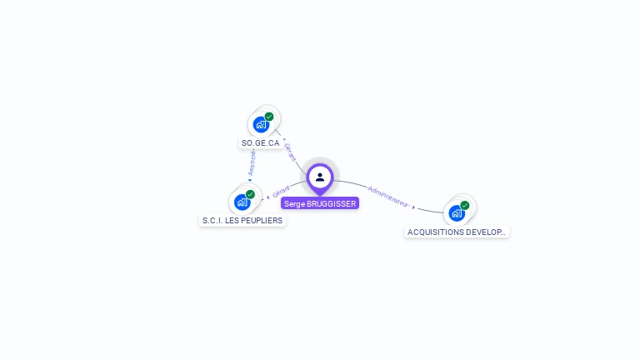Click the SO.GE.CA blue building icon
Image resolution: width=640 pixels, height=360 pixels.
coord(262,124)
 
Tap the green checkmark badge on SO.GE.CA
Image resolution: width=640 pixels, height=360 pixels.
coord(269,117)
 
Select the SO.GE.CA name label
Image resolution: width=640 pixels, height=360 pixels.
coord(261,143)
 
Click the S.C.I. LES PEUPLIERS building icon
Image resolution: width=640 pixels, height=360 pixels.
coord(242,202)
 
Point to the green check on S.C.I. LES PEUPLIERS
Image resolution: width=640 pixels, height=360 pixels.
coord(250,194)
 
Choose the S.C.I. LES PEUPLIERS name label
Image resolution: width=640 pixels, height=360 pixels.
coord(242,221)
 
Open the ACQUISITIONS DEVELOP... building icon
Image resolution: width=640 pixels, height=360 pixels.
coord(457,212)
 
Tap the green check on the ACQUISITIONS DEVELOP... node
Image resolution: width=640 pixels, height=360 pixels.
coord(465,205)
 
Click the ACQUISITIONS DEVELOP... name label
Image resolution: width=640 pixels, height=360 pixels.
coord(457,232)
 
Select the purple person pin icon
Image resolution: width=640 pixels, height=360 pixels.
coord(320,177)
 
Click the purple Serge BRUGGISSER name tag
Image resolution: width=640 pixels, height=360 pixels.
coord(320,203)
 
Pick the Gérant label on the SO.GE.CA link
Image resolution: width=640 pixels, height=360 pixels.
coord(290,152)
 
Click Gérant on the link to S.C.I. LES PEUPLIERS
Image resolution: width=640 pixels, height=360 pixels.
coord(281,192)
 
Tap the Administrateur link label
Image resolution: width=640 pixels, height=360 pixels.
coord(387,196)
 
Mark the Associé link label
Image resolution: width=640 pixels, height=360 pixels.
coord(252,162)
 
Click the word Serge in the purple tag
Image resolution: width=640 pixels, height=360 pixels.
coord(294,203)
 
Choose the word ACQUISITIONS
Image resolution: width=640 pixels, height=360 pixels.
coord(437,232)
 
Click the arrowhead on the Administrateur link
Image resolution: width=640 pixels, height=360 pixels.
coord(413,207)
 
